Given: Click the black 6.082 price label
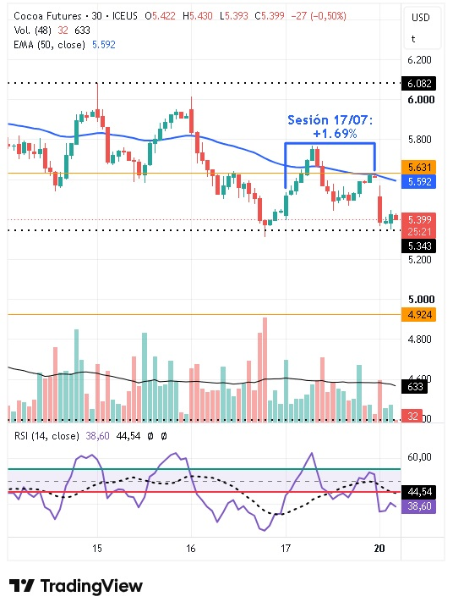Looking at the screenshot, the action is pos(419,83).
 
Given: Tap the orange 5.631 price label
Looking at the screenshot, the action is pos(419,167).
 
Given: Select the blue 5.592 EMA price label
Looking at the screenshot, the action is pos(419,181).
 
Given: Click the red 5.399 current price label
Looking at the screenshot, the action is pos(419,219).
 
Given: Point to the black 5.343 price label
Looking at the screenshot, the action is pos(419,246).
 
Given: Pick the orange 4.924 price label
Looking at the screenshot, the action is pos(419,314).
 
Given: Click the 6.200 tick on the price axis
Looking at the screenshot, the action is pos(419,60).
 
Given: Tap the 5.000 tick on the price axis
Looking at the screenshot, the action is pos(421,299).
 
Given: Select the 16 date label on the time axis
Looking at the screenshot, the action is pos(191,549).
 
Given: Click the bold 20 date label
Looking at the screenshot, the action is pos(379,549).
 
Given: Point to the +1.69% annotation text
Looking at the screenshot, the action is pos(335,134).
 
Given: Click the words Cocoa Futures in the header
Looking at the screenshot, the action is pos(47,16).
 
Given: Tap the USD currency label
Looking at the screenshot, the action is pos(420,18).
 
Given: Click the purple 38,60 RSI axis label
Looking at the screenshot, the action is pos(419,506).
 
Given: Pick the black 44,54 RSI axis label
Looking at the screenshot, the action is pos(419,492).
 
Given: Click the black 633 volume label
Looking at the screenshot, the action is pos(414,386).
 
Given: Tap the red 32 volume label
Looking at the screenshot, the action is pos(412,416).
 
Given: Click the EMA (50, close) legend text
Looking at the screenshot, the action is pos(49,45).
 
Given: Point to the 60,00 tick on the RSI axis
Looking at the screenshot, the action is pos(419,457).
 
